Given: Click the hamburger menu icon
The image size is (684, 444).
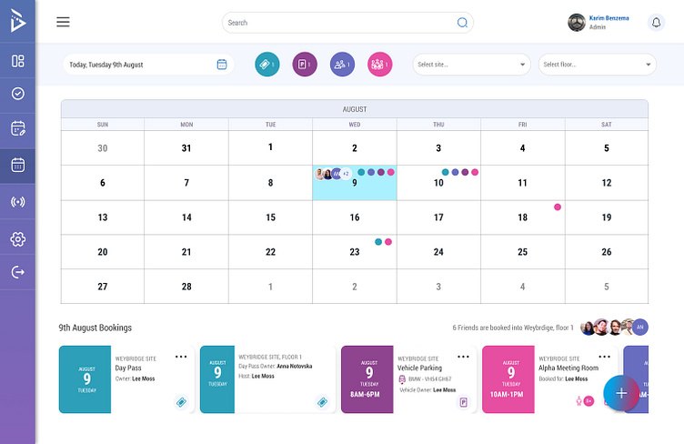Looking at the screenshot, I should [x=63, y=23].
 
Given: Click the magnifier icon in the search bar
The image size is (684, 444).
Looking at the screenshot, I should [x=462, y=23].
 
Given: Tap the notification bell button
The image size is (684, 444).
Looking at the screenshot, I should [x=656, y=23].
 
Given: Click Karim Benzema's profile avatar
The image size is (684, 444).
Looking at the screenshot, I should [x=576, y=23].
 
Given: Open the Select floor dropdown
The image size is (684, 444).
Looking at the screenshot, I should [x=598, y=65].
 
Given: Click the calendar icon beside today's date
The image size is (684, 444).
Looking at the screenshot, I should [x=222, y=65].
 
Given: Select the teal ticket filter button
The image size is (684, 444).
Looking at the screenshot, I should [x=267, y=65].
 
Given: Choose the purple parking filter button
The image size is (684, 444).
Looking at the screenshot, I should [x=305, y=65].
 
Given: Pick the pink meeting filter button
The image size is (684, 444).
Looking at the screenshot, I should [x=379, y=65].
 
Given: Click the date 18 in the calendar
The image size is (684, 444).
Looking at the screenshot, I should [x=522, y=217].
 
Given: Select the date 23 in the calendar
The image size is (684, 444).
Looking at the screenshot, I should [x=354, y=252].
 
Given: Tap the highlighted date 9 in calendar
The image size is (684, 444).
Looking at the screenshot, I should [x=354, y=183].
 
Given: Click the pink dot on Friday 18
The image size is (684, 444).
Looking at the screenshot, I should [x=558, y=207].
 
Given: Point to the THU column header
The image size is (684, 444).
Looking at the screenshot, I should [x=438, y=124].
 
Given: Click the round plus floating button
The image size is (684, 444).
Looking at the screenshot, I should [x=621, y=393].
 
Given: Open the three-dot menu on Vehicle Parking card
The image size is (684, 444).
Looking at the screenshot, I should [x=463, y=356].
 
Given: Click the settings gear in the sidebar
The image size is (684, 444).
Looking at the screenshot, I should [x=17, y=238].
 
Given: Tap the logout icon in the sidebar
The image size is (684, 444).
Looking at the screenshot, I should [x=17, y=272].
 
